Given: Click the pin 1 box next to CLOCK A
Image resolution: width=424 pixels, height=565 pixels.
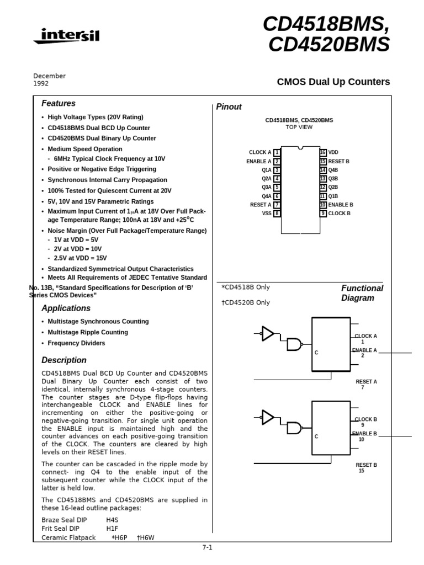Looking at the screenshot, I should (x=277, y=152).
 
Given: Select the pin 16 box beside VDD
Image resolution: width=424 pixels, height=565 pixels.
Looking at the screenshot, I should (x=323, y=152).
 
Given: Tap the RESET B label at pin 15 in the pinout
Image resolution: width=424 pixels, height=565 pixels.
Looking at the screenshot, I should (x=338, y=161).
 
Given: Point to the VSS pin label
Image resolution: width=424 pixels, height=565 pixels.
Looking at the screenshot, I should (x=267, y=214).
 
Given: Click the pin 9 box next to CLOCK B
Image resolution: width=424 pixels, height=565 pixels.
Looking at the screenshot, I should (x=323, y=214).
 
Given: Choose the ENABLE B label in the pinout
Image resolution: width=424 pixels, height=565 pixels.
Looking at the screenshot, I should (x=341, y=205).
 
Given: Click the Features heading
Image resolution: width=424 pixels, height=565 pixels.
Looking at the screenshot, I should (x=59, y=104).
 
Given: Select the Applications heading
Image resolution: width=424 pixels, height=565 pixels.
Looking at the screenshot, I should (x=66, y=308).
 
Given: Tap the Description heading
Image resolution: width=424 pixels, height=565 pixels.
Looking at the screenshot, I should (x=64, y=360).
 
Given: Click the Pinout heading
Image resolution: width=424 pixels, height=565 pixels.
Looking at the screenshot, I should (x=229, y=107).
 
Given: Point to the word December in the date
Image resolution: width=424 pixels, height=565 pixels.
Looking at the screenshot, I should (x=49, y=76).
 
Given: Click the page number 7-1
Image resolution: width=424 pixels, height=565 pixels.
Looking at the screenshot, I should (x=207, y=547).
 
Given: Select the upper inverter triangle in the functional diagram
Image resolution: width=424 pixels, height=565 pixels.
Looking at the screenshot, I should (x=268, y=333).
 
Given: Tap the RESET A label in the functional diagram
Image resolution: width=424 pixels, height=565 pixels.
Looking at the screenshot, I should (x=366, y=381).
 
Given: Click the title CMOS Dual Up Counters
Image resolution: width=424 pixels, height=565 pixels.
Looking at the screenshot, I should (x=333, y=82).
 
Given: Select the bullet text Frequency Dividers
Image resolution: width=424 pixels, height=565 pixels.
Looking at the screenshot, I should (x=76, y=343).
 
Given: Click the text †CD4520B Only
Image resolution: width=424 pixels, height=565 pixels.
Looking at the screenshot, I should (x=246, y=302).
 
